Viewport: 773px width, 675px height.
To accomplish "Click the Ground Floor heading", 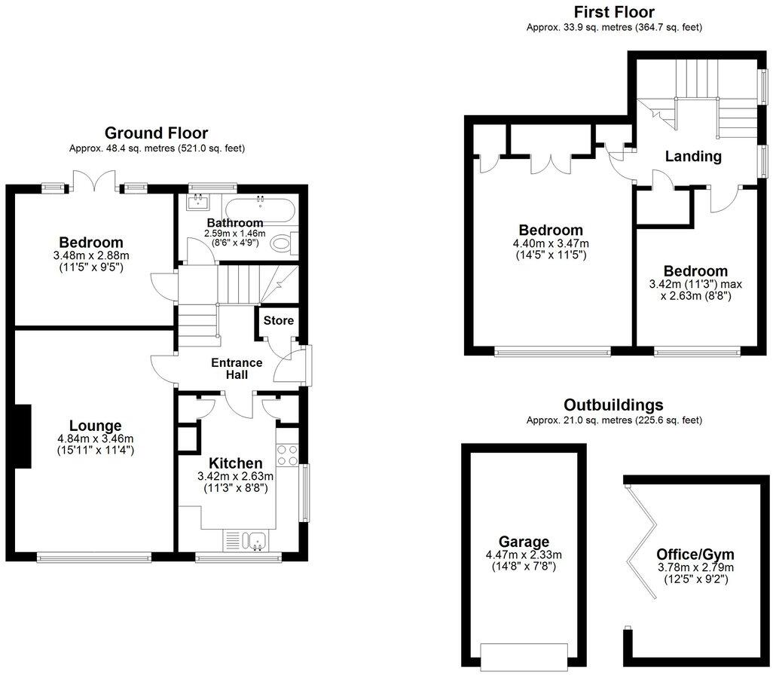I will tap(156, 133).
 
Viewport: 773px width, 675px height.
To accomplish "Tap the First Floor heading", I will tap(614, 12).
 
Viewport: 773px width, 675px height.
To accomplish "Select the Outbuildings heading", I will tap(614, 405).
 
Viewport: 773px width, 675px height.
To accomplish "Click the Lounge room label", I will tap(90, 426).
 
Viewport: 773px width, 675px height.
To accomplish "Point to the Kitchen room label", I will tap(235, 463).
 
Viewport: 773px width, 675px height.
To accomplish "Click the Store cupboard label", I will tap(278, 321).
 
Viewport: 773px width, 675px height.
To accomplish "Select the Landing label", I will tap(693, 157).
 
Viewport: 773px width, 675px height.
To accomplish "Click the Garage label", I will tap(524, 542).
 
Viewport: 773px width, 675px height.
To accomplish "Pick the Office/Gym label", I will tap(695, 554).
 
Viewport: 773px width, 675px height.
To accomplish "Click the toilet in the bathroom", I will tap(284, 243).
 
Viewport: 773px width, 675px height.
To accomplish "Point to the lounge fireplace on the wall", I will tap(23, 436).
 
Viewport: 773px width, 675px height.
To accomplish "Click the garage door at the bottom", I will tap(524, 653).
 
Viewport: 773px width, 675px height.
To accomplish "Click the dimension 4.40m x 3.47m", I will tap(550, 243).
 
